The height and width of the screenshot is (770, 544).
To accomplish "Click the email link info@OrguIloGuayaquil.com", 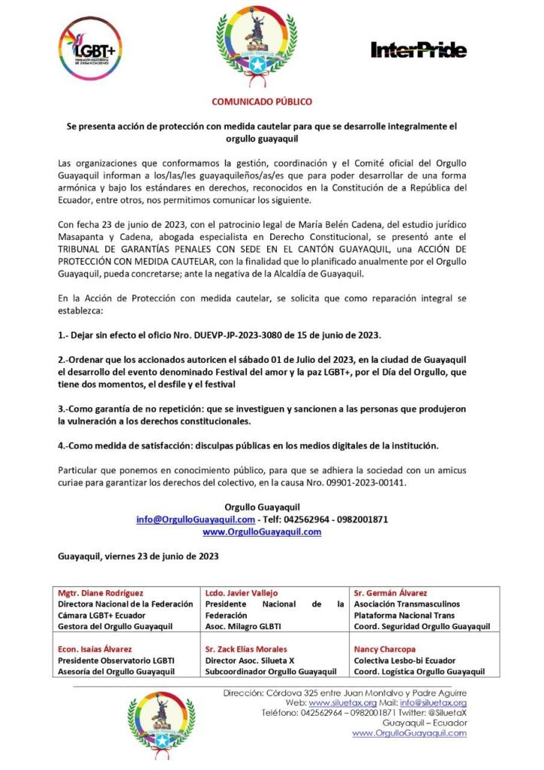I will [196, 519].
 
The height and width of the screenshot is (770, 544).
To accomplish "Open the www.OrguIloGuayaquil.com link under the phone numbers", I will [262, 531].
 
